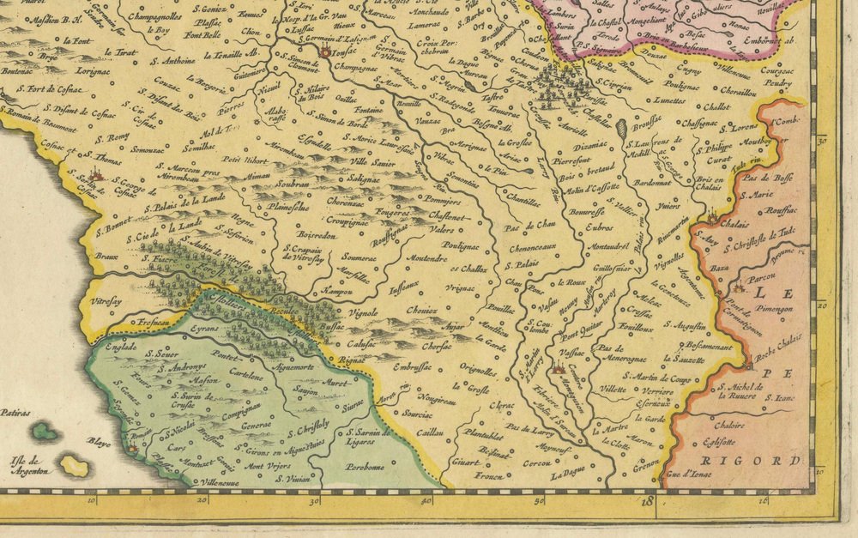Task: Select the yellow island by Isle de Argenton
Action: [x=76, y=467]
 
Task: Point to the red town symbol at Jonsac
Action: [x=325, y=53]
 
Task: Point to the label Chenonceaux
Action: [x=536, y=249]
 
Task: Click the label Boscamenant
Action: [x=704, y=347]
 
